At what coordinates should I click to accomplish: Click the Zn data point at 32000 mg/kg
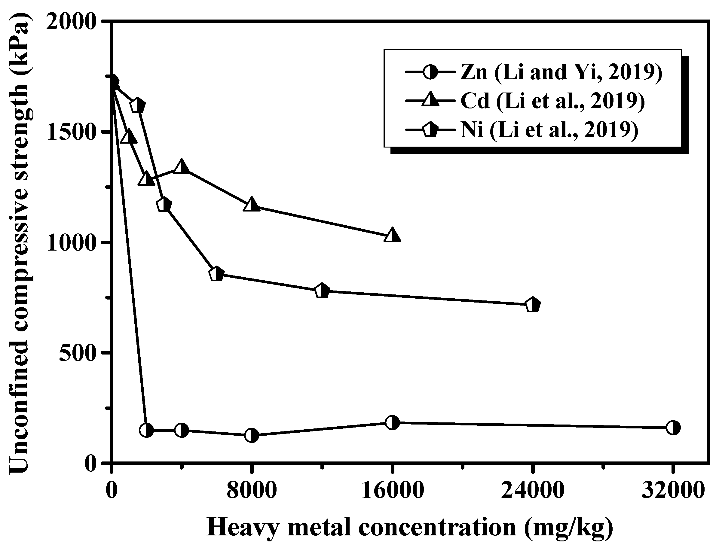click(673, 427)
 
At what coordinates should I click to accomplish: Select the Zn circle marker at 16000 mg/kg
click(392, 422)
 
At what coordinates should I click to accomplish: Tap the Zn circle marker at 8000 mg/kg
click(251, 435)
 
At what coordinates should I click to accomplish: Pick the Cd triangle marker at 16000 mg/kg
click(392, 236)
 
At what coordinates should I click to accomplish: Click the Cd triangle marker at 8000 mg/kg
click(251, 205)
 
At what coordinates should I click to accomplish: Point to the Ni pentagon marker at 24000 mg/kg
click(533, 305)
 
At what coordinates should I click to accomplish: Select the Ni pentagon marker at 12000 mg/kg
click(322, 291)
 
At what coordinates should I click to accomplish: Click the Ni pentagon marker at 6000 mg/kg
click(216, 274)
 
